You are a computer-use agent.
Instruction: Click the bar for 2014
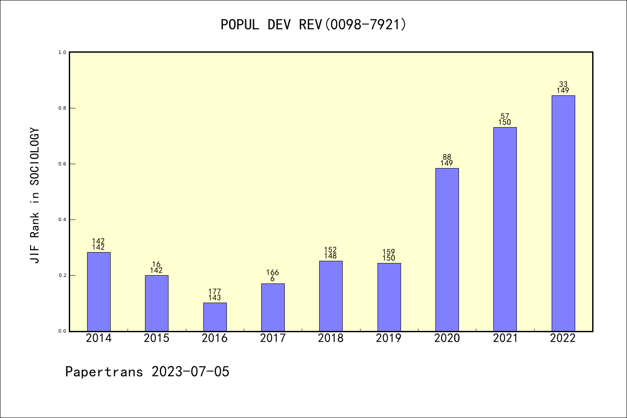98,291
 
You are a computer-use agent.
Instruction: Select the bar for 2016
215,317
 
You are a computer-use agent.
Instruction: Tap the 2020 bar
447,249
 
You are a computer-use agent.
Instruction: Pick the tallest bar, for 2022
563,213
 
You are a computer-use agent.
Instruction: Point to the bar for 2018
330,296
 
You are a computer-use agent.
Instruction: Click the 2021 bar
505,229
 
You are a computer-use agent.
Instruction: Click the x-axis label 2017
273,338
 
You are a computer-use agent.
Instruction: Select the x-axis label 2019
388,338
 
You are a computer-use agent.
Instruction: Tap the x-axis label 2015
156,338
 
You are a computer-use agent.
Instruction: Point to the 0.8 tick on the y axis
62,108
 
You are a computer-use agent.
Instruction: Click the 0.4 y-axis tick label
62,219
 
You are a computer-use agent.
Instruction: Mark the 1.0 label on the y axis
62,52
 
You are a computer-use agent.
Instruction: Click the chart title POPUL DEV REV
313,24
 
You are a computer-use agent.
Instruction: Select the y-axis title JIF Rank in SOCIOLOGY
35,195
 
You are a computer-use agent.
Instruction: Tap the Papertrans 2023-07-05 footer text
147,371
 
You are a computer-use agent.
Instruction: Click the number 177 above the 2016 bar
215,292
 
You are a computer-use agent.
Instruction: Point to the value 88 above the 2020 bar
447,157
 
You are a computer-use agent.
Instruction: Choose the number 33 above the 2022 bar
563,84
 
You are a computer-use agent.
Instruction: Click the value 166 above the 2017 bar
273,273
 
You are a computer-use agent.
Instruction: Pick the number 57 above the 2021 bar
505,116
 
